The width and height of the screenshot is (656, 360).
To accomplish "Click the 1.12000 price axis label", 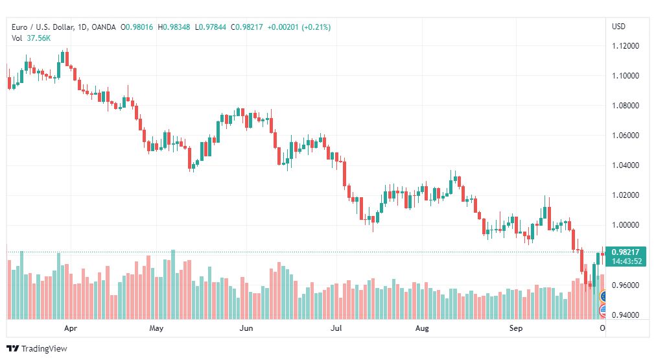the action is click(626, 46).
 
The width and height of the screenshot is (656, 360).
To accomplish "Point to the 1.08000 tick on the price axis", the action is click(626, 106).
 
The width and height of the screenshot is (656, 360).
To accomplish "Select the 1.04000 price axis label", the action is click(626, 165).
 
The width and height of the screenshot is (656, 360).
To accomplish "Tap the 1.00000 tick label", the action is click(626, 225).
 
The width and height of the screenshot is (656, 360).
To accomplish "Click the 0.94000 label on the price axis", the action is click(626, 315).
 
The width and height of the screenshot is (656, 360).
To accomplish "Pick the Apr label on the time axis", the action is click(71, 328).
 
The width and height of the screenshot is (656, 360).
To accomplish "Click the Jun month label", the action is click(246, 328).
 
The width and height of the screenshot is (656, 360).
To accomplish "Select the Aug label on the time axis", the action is click(422, 328).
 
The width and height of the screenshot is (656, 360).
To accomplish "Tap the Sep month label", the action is click(516, 328).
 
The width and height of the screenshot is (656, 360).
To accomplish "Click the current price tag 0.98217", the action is click(626, 252).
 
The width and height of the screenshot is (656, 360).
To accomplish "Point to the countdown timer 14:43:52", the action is click(626, 261).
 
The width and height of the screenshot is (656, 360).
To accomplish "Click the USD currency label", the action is click(619, 27).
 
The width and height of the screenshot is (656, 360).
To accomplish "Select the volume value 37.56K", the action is click(38, 38).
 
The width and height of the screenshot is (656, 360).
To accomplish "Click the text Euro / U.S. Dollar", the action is click(43, 27).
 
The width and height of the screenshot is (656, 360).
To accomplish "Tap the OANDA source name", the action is click(103, 27).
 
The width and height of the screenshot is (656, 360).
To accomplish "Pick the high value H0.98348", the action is click(174, 27).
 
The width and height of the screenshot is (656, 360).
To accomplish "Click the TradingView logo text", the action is click(44, 348).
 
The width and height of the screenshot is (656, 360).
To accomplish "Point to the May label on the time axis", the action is click(156, 328).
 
